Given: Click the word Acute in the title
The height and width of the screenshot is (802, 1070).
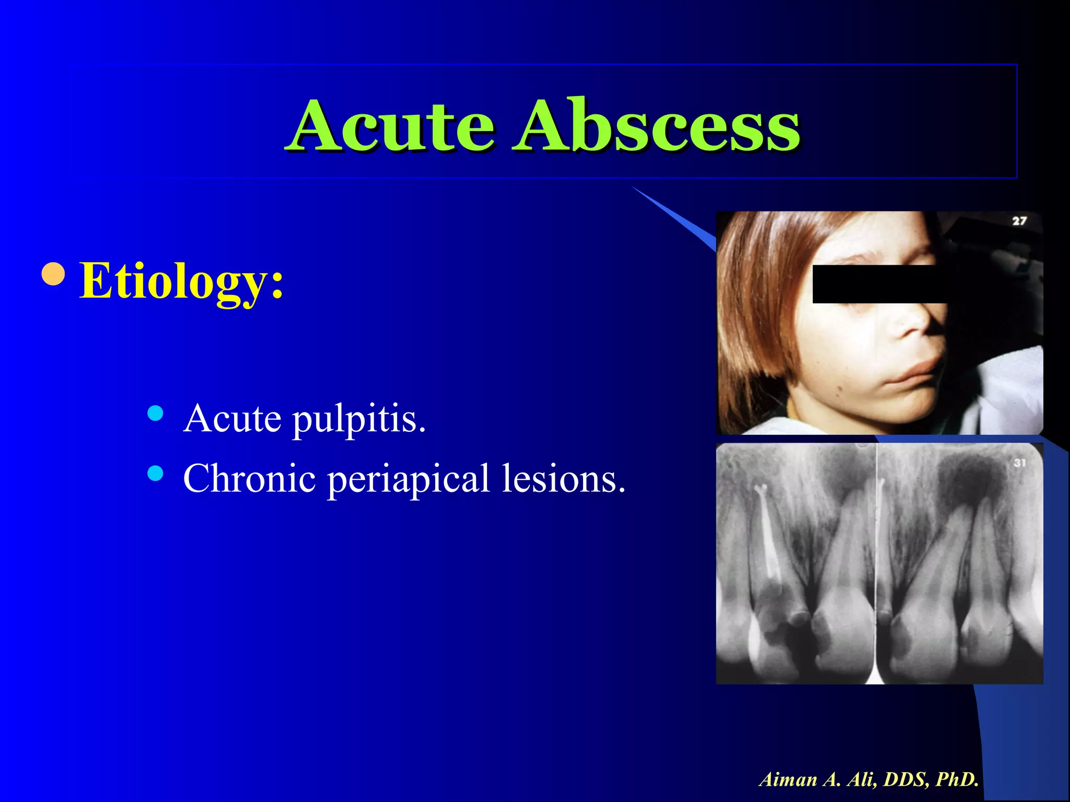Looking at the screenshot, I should (x=392, y=126).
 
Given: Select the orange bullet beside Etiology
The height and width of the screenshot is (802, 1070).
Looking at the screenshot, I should (x=53, y=274).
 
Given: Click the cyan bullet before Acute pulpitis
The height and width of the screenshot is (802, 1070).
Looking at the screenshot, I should (x=155, y=414).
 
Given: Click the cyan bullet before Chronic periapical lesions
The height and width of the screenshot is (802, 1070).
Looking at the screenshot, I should (x=155, y=473).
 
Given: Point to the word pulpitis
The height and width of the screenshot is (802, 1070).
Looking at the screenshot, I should (x=359, y=419).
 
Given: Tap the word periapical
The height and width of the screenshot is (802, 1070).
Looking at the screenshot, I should (x=408, y=479).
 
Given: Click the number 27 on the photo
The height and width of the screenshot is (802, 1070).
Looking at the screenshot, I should (x=1019, y=221).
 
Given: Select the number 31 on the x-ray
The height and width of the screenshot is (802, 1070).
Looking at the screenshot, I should (x=1020, y=463).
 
